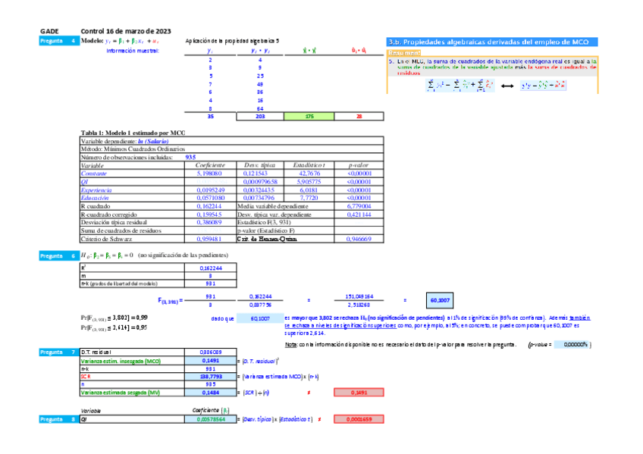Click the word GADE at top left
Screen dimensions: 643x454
click(49, 31)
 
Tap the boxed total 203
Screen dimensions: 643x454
click(259, 117)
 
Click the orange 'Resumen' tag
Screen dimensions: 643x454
click(403, 53)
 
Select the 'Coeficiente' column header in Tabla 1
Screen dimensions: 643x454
click(210, 164)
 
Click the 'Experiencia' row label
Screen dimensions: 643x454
click(96, 189)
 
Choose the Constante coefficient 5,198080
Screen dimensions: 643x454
click(210, 174)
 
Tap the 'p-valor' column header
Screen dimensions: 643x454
click(358, 164)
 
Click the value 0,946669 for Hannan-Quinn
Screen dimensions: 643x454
click(358, 239)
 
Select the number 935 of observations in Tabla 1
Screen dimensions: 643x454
click(191, 157)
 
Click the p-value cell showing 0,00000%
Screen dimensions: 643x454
click(571, 344)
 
